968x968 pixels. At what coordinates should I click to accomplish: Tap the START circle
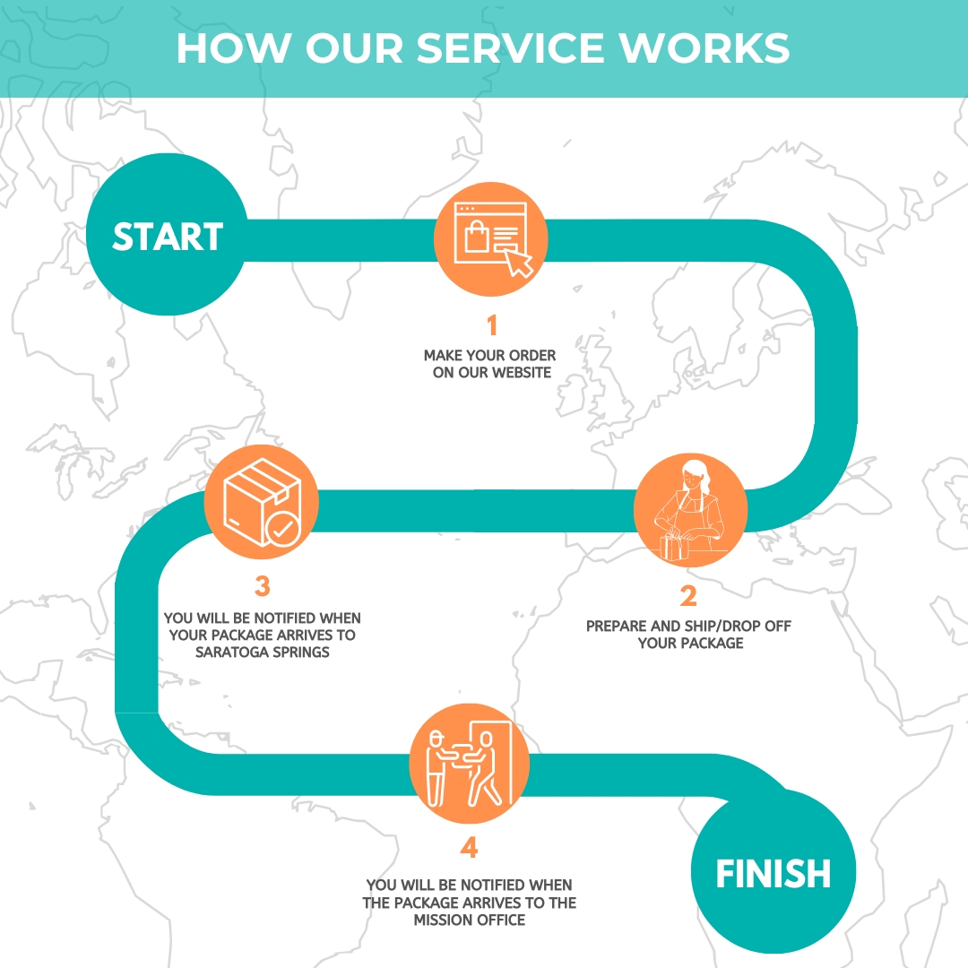point(167,235)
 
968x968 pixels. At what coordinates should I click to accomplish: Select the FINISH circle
point(773,872)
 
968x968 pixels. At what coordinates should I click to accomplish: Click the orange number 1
point(492,325)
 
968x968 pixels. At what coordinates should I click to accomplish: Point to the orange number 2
point(688,596)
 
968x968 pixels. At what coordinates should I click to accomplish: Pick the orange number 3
point(263,586)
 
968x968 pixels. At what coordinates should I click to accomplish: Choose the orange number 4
point(469,848)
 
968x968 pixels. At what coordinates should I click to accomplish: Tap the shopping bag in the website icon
point(477,237)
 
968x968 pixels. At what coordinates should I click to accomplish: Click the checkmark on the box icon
point(282,529)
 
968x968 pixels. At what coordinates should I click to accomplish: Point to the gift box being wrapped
point(674,548)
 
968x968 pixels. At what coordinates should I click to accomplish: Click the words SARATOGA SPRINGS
point(263,652)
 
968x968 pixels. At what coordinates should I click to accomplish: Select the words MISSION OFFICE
point(469,920)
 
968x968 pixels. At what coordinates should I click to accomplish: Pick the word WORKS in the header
point(704,48)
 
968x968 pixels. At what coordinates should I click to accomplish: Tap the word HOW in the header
point(234,48)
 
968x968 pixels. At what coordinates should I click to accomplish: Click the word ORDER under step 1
point(532,356)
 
